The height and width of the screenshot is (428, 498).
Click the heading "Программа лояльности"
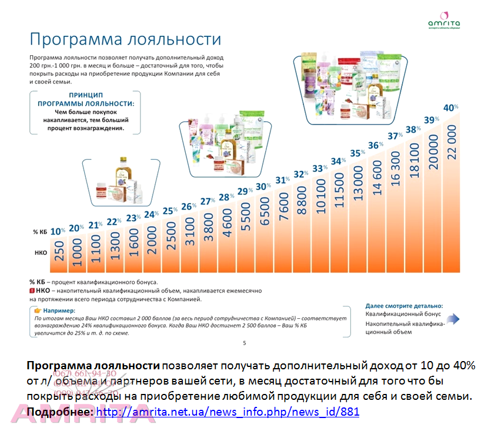125,39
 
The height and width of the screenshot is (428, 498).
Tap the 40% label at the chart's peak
450,108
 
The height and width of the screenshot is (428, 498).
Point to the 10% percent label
57,231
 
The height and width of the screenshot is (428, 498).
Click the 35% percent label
357,153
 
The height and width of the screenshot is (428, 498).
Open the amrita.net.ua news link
227,412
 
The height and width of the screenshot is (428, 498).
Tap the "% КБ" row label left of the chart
39,232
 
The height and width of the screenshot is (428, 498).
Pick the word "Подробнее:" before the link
59,412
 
